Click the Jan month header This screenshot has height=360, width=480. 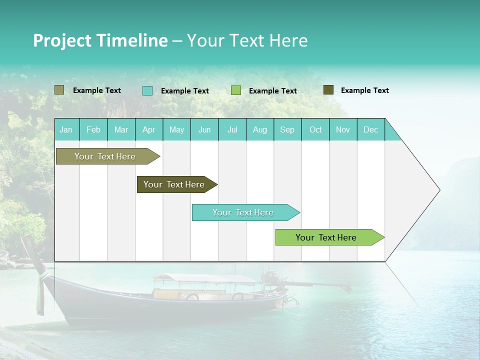66,130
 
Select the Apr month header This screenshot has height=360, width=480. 149,130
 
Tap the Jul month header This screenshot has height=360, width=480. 232,130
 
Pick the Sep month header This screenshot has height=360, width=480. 287,130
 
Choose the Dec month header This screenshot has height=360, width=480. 370,130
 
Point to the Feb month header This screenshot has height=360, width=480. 93,130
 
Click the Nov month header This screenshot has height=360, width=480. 343,130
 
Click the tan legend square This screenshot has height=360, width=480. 59,90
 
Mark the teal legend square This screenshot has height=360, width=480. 147,90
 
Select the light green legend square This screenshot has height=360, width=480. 236,90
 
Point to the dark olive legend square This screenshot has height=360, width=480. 328,90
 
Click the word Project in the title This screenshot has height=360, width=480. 61,40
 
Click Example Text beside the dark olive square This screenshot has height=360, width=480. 364,90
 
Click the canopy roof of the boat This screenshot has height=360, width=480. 205,278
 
